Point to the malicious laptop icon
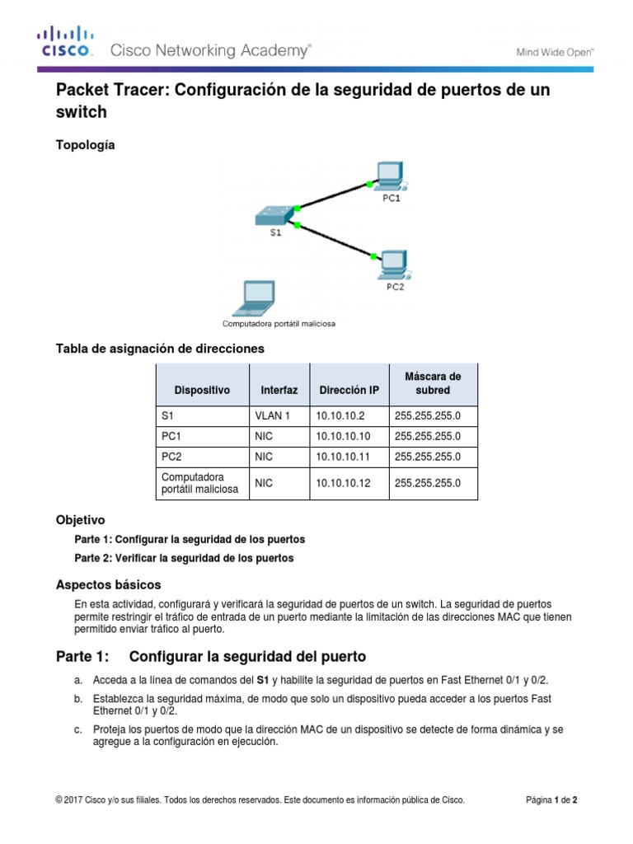[x=253, y=299]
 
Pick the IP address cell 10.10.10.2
[x=340, y=416]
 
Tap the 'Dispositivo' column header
[x=202, y=389]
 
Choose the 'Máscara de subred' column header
[x=433, y=382]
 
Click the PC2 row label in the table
[x=171, y=456]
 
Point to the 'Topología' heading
[x=86, y=145]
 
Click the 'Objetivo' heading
[x=80, y=520]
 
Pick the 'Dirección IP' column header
[x=349, y=389]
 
